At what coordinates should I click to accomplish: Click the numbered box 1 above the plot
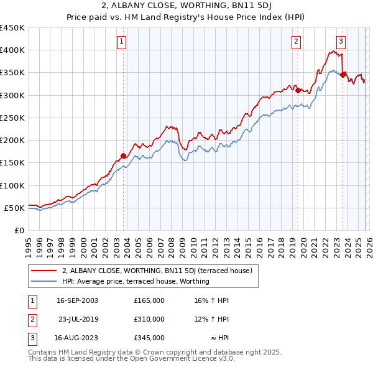coord(121,42)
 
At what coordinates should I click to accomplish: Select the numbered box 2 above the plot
coord(297,42)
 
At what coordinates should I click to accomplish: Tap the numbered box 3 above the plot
coord(341,42)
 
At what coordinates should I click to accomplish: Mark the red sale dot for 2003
coord(123,156)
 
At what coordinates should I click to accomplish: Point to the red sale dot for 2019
coord(298,90)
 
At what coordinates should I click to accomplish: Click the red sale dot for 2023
coord(343,74)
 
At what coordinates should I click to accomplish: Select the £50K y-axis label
coord(15,208)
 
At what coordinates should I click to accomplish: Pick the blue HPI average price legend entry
coord(136,282)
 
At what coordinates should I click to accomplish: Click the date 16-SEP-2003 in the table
coord(76,300)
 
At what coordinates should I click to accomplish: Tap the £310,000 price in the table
coord(149,319)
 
